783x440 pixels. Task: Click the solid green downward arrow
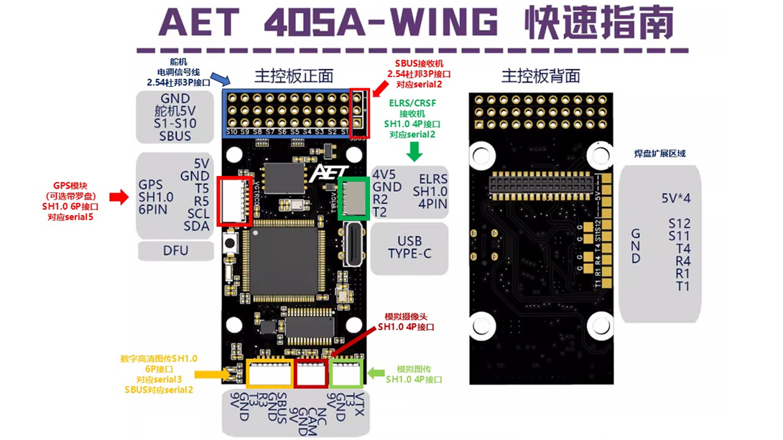tap(414, 151)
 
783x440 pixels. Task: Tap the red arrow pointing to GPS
tap(118, 197)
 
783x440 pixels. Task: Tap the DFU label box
tap(175, 251)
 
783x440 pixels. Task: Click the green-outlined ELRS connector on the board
tap(353, 197)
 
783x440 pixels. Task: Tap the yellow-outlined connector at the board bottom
tap(269, 373)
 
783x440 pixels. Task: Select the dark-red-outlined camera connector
tap(312, 373)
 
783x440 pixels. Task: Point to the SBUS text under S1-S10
tap(175, 136)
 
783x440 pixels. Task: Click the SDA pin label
tap(195, 227)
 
